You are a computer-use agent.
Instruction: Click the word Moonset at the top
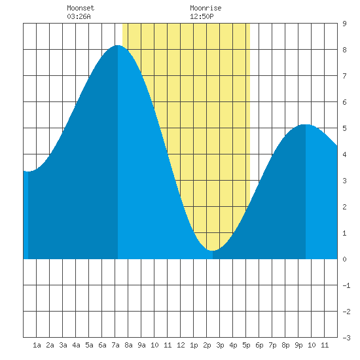tap(81, 8)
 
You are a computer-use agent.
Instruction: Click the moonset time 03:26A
tap(79, 16)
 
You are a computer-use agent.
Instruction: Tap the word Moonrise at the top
tap(206, 8)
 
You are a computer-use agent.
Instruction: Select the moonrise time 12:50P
tap(202, 16)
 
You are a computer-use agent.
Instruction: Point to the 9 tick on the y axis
tap(344, 24)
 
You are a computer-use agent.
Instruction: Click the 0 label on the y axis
tap(344, 259)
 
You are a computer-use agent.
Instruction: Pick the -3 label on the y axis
tap(346, 338)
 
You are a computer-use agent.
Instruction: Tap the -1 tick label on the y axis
tap(346, 285)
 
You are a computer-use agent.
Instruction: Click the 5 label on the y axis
tap(344, 128)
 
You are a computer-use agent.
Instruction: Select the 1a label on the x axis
tap(37, 345)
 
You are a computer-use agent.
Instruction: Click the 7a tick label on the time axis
tap(115, 345)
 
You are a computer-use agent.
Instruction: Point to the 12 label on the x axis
tap(181, 345)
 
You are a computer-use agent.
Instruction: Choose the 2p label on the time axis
tap(207, 345)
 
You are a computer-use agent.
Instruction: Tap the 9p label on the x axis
tap(298, 345)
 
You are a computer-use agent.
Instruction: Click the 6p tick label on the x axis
tap(259, 345)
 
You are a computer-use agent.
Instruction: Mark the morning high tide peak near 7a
tap(118, 45)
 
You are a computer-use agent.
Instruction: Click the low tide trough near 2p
tap(213, 250)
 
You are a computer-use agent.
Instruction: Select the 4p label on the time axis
tap(233, 345)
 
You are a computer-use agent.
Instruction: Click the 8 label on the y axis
tap(344, 50)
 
